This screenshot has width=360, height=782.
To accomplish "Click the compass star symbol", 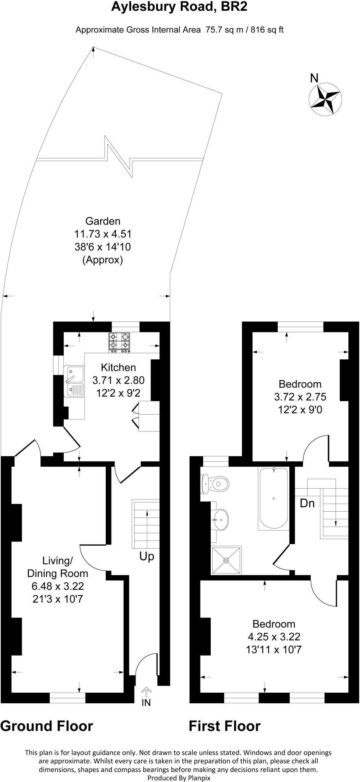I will (325, 98).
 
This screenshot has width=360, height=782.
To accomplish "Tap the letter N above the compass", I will (314, 78).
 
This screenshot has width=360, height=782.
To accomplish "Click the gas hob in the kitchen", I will (119, 342).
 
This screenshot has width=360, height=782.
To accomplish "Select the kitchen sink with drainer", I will (74, 381).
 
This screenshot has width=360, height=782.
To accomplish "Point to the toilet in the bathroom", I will (216, 484).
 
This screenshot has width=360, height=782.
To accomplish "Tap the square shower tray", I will (227, 560).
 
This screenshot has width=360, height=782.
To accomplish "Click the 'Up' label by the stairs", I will (147, 556).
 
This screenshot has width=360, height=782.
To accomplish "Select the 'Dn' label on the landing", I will (307, 503).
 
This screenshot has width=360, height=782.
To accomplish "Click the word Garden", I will (103, 221).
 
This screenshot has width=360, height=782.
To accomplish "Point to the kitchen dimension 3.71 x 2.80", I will (118, 380).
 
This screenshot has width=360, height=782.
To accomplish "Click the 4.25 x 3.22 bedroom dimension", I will (274, 637).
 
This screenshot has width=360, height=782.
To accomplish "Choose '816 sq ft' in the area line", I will (267, 30).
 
